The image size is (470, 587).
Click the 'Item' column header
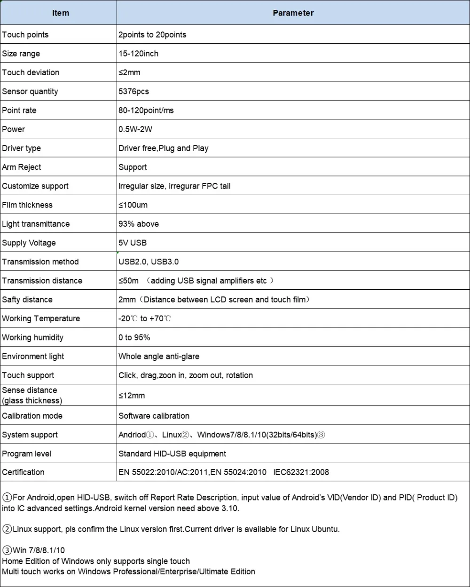pos(60,13)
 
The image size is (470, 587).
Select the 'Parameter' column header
pos(293,13)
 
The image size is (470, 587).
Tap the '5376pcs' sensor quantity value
pos(133,91)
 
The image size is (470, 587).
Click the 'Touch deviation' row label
pos(31,72)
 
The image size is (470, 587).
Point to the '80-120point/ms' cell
pos(146,111)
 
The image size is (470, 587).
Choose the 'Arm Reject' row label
pos(22,167)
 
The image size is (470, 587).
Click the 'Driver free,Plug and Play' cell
pos(164,148)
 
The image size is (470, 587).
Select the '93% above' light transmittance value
pos(139,224)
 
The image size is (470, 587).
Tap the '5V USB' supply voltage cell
pos(133,243)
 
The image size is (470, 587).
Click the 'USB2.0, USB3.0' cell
pos(149,262)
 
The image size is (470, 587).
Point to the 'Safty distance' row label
pos(27,300)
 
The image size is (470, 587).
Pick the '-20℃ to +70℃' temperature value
pos(145,318)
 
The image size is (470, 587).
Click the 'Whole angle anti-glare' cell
pos(159,357)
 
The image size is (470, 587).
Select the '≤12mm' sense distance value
pos(132,396)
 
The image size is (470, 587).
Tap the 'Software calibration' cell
pos(154,416)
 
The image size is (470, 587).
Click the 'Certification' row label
pos(23,472)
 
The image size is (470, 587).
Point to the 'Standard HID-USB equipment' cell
pos(172,454)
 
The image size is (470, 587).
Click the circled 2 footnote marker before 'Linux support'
pos(7,529)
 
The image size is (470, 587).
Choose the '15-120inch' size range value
pos(138,54)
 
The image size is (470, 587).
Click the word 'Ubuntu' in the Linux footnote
pos(325,529)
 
